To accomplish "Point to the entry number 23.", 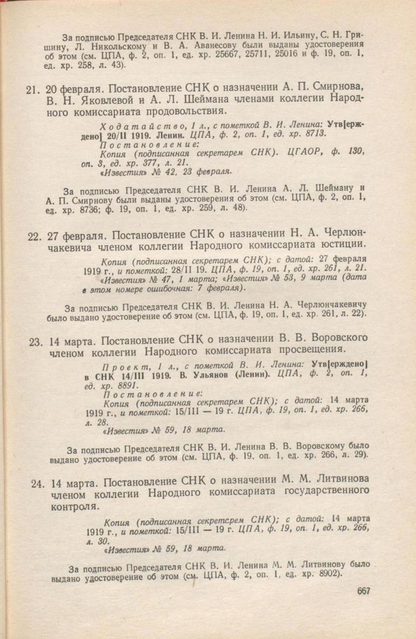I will click(x=36, y=340).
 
